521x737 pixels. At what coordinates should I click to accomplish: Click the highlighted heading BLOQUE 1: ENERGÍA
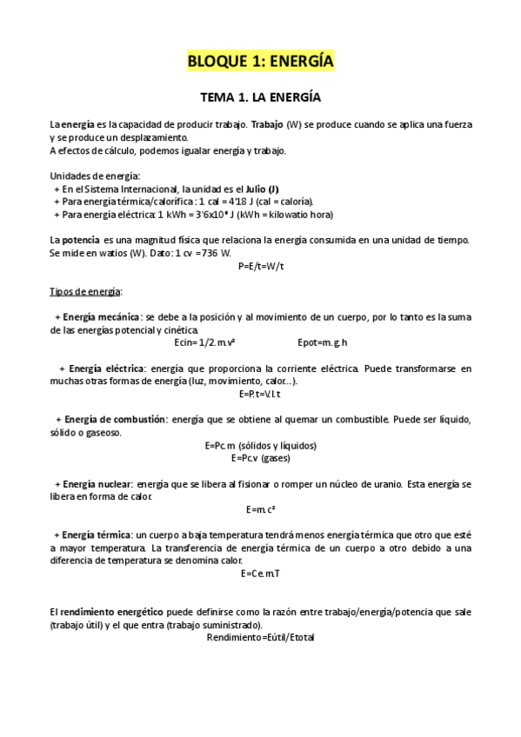point(261,62)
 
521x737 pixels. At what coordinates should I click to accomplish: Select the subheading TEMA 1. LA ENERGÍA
point(261,99)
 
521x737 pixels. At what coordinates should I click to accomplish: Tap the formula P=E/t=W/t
point(261,266)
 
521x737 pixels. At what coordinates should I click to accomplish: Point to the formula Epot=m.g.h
point(323,342)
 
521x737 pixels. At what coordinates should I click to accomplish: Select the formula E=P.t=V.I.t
point(261,394)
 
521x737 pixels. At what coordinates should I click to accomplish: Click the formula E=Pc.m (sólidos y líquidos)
point(261,445)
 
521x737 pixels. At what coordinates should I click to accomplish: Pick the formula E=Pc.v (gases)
point(261,457)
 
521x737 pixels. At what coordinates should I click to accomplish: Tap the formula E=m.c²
point(261,508)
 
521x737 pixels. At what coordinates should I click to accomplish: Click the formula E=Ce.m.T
point(261,574)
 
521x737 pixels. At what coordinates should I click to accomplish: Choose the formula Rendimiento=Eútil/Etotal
point(261,637)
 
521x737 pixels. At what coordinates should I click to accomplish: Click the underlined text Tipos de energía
point(86,291)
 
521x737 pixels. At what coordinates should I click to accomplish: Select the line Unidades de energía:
point(89,176)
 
